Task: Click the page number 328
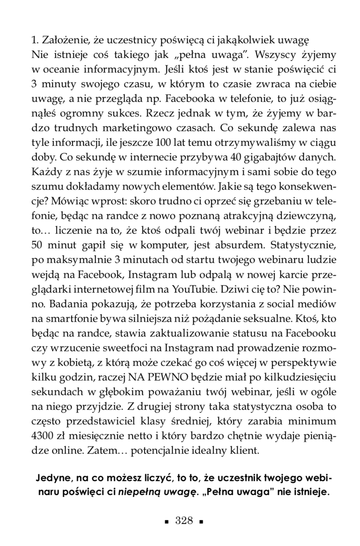[x=184, y=520]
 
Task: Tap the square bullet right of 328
[x=202, y=522]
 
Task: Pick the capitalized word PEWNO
[x=171, y=377]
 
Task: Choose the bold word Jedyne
[x=54, y=478]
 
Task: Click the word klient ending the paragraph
[x=246, y=450]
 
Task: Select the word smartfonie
[x=71, y=318]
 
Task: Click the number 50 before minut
[x=37, y=245]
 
